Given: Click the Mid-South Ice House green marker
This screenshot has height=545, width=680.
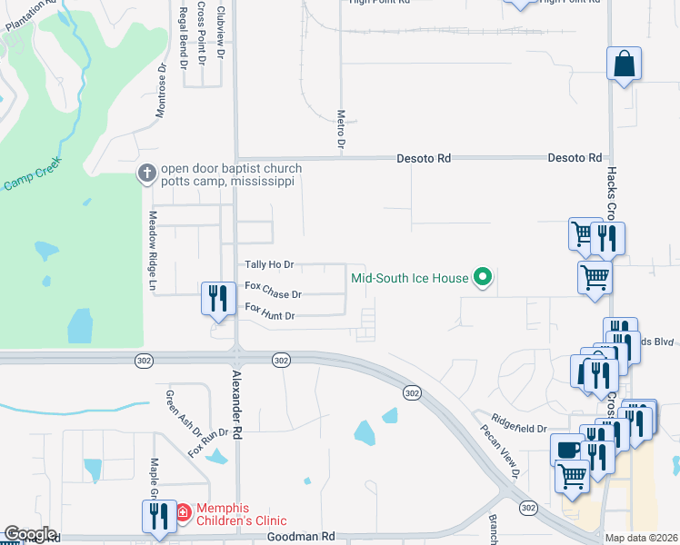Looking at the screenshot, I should tap(484, 278).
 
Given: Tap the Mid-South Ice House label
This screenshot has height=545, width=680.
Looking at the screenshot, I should tap(410, 278).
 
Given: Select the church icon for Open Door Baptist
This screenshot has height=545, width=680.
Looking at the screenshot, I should tap(146, 173).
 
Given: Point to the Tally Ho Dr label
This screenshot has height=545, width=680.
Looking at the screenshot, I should tap(269, 265).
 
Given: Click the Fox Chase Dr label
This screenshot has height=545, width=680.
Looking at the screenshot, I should tap(273, 294).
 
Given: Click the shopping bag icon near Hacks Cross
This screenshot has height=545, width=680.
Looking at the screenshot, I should tap(625, 64).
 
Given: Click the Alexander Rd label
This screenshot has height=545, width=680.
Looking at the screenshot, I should tap(237, 405).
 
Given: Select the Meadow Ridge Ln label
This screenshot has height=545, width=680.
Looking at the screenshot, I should tap(153, 252).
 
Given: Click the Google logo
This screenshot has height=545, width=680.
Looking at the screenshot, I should tap(30, 534).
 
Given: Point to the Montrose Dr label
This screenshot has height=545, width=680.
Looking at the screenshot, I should tap(161, 92).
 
